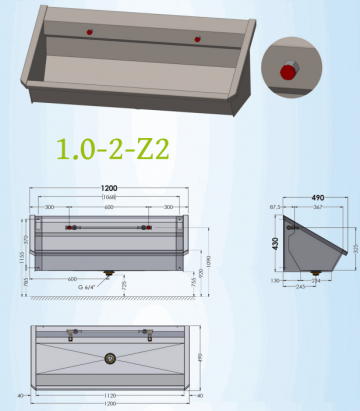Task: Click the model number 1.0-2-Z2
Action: (x=112, y=150)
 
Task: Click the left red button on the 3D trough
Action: (x=90, y=32)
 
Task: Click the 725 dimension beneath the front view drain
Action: (x=123, y=286)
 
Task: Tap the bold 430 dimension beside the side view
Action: (x=277, y=243)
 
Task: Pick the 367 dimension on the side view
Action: (x=316, y=208)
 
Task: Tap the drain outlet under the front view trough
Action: (x=108, y=273)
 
